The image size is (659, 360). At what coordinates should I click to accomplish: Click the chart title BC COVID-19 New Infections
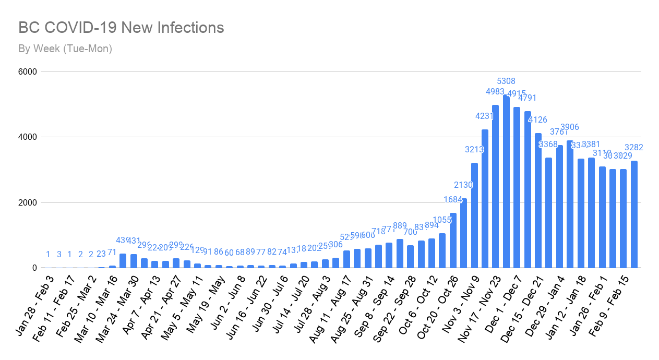pyautogui.click(x=121, y=28)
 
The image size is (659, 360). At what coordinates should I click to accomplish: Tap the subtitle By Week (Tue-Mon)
pyautogui.click(x=65, y=49)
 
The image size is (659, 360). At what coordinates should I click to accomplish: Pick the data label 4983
pyautogui.click(x=495, y=92)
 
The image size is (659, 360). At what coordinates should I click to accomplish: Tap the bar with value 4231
pyautogui.click(x=485, y=199)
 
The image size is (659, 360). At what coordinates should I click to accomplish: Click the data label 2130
pyautogui.click(x=463, y=185)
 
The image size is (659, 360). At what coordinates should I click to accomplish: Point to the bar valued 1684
pyautogui.click(x=453, y=241)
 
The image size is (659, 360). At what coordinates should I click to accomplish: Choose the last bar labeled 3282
pyautogui.click(x=634, y=214)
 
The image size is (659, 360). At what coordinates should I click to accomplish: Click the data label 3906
pyautogui.click(x=570, y=127)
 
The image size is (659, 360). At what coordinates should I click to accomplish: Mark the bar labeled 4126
pyautogui.click(x=538, y=200)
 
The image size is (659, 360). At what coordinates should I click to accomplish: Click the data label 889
pyautogui.click(x=400, y=225)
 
